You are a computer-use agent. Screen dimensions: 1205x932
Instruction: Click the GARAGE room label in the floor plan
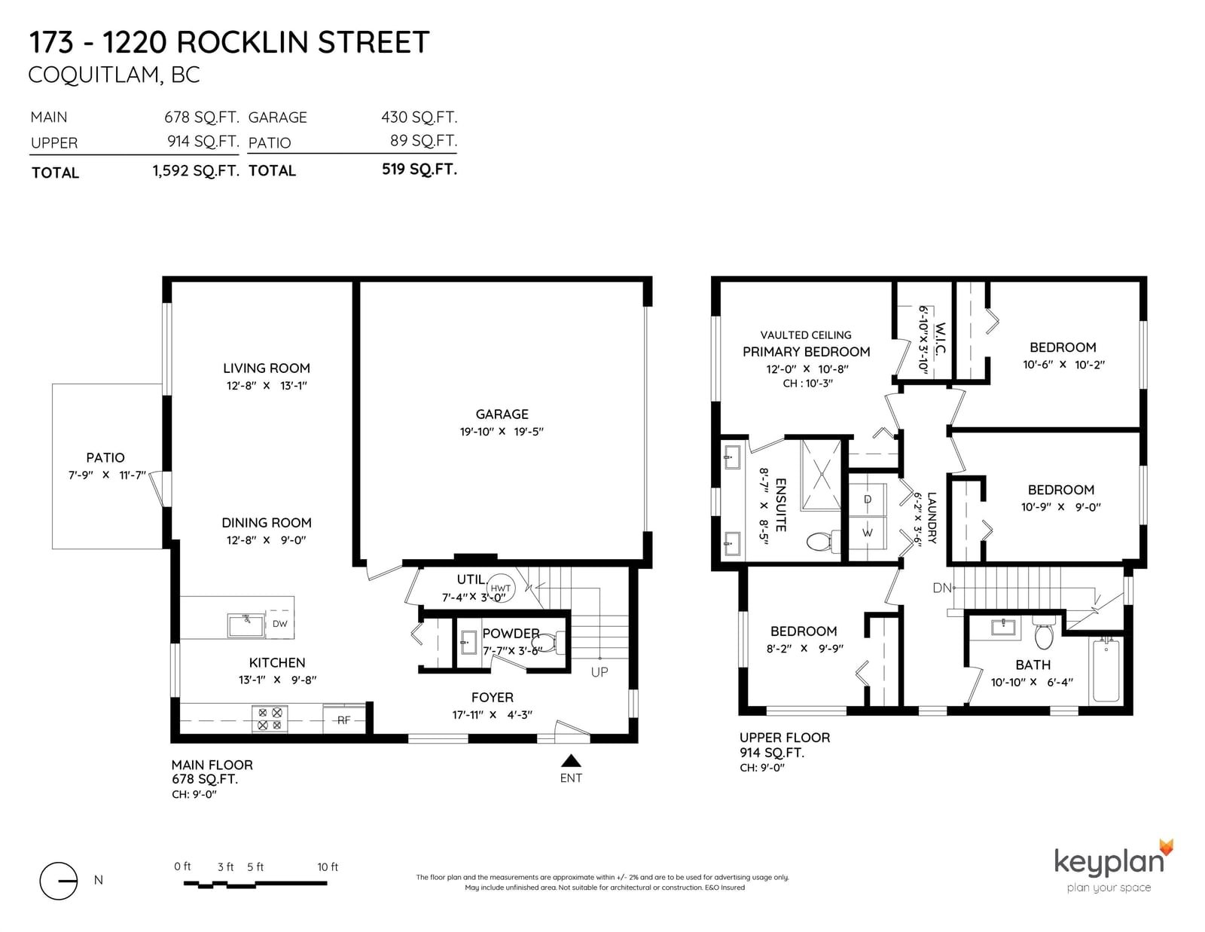coord(502,414)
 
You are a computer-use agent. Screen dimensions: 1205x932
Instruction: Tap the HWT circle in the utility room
coord(500,588)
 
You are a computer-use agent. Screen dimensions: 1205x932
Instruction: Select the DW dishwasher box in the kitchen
coord(279,624)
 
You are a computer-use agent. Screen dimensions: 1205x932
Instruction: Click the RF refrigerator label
coord(344,720)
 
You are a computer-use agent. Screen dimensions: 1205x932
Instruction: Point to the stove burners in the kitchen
coord(270,719)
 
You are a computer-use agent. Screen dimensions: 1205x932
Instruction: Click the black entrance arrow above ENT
coord(571,760)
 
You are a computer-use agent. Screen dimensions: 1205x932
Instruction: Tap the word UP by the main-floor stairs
coord(599,672)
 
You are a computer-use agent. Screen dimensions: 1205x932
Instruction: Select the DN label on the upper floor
coord(941,588)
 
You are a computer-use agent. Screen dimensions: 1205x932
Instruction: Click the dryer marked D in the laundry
coord(868,500)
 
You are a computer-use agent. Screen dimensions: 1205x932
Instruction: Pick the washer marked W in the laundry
coord(868,533)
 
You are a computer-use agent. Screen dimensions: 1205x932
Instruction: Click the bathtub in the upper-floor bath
coord(1106,670)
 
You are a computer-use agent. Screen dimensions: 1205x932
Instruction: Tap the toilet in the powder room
coord(546,643)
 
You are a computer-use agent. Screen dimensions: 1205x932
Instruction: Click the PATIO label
coord(105,457)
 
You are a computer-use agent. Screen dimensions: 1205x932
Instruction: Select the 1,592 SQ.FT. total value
coord(196,170)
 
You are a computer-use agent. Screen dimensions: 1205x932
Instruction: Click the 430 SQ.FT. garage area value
coord(419,117)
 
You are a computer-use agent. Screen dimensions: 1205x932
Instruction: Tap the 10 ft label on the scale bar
coord(328,866)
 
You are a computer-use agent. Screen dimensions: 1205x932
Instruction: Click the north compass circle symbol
coord(58,881)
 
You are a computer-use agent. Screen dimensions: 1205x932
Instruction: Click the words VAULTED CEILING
coord(806,335)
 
